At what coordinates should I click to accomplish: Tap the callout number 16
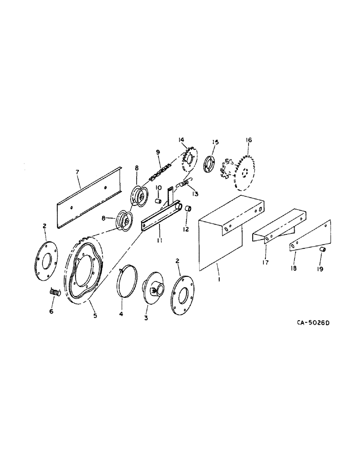[x=248, y=140]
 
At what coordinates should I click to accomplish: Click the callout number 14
[x=181, y=140]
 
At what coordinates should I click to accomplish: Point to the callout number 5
[x=95, y=315]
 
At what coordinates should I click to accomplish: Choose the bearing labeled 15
[x=210, y=165]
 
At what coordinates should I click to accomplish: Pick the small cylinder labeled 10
[x=158, y=200]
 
